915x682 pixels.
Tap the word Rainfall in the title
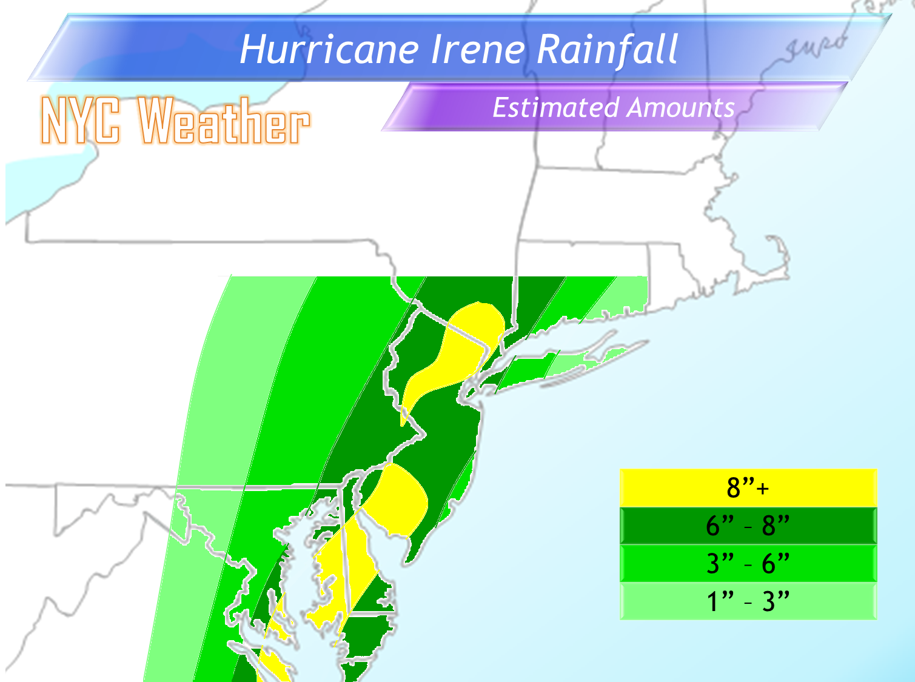point(607,50)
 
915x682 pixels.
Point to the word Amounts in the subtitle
point(681,108)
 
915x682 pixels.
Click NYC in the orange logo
point(80,121)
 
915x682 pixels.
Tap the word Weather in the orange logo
point(224,121)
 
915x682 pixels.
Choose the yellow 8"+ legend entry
point(748,487)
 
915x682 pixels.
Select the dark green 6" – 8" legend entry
point(748,526)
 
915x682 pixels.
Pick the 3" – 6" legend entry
point(748,563)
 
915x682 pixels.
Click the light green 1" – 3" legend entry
point(748,601)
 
